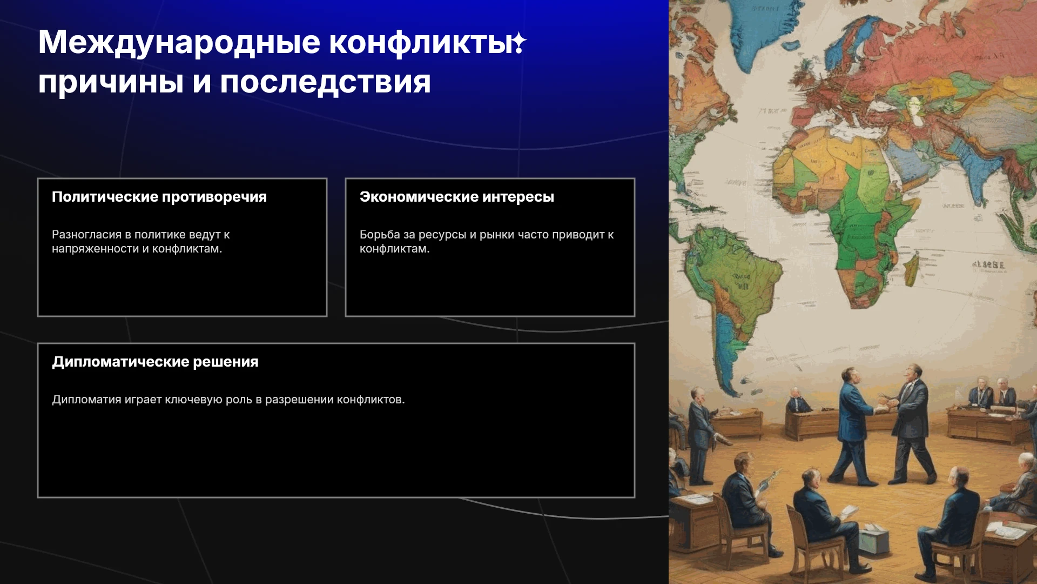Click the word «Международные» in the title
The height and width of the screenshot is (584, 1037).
(x=179, y=43)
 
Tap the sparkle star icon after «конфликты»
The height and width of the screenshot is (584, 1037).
(x=519, y=43)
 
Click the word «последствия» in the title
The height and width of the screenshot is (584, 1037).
(x=325, y=83)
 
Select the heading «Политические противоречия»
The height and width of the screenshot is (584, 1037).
(x=159, y=197)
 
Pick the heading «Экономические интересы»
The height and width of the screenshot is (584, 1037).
(x=457, y=197)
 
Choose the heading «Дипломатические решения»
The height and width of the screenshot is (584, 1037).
(x=155, y=362)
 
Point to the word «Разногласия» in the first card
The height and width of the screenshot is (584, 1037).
(x=86, y=235)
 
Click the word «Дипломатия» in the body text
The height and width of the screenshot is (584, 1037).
(x=86, y=400)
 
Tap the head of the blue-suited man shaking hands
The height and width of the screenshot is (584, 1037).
(x=849, y=376)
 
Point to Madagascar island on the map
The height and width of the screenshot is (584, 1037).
(x=911, y=270)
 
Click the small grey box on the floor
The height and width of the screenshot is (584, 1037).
(x=873, y=541)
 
